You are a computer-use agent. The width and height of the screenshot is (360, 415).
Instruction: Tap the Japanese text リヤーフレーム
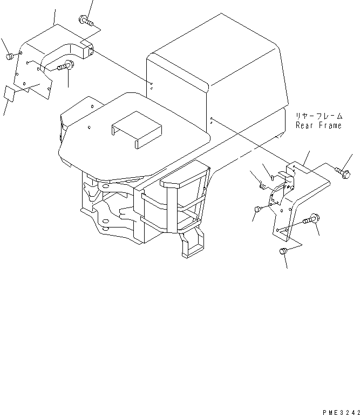318,116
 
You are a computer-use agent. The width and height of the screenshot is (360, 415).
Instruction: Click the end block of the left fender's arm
88,50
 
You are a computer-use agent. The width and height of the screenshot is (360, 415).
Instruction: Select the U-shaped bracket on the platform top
137,130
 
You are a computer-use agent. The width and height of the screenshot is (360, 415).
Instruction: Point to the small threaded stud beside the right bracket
264,186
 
